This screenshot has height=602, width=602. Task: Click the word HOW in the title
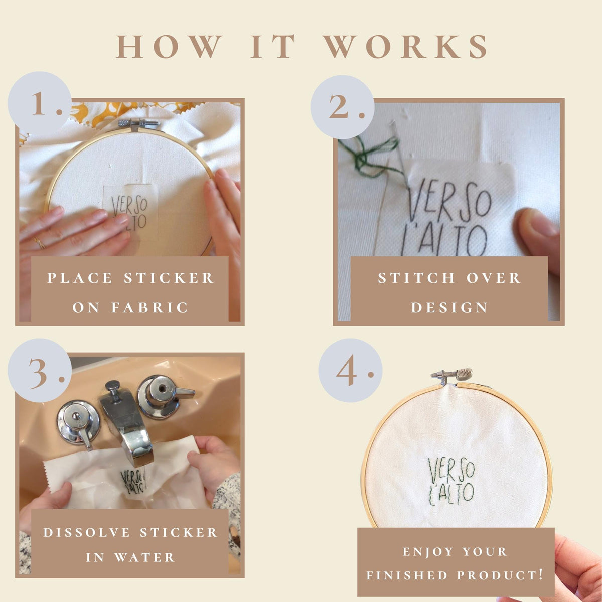[x=169, y=46]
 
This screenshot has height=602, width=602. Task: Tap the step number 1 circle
[x=40, y=103]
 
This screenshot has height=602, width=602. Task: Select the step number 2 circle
[x=343, y=107]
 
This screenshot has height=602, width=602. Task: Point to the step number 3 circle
[x=40, y=370]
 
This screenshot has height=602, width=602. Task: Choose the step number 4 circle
[x=350, y=370]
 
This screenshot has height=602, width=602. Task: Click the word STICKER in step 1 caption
[x=169, y=278]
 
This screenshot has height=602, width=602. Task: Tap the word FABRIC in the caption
[x=149, y=308]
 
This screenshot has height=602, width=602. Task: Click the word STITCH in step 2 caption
[x=416, y=278]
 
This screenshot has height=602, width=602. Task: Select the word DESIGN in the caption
[x=449, y=308]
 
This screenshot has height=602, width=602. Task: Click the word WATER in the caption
[x=144, y=558]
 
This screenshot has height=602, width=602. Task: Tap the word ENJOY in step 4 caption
[x=428, y=552]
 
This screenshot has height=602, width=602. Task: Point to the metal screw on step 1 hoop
[x=138, y=124]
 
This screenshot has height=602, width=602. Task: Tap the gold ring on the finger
[x=39, y=243]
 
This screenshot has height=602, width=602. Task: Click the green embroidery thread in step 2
[x=372, y=156]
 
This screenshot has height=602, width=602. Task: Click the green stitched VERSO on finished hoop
[x=452, y=471]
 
